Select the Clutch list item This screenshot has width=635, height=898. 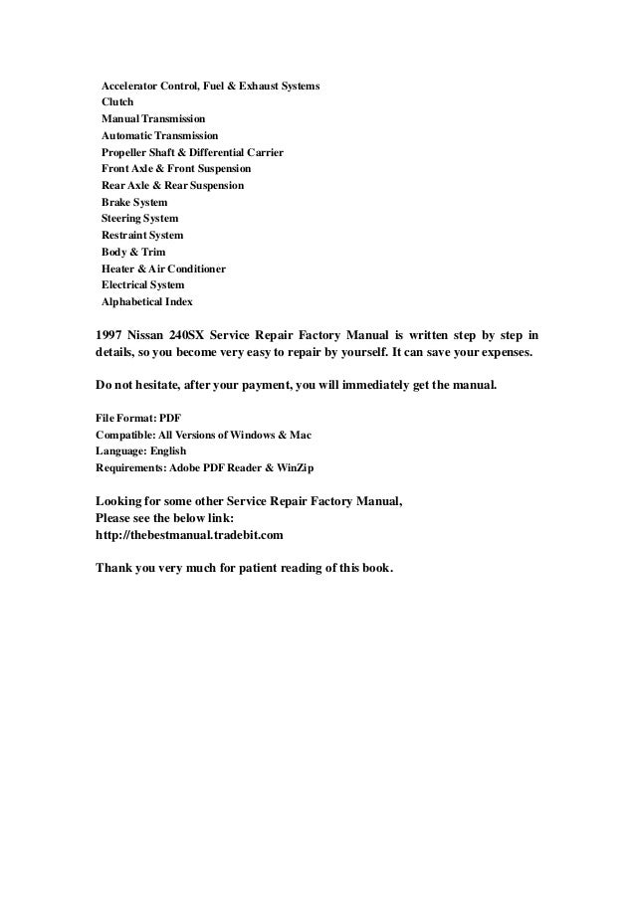tap(116, 102)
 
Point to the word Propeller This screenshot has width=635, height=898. tap(125, 153)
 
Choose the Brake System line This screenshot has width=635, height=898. tap(134, 202)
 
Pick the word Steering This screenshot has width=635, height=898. tap(122, 219)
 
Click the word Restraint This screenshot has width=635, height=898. tap(125, 236)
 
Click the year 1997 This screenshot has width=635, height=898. tap(109, 335)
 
